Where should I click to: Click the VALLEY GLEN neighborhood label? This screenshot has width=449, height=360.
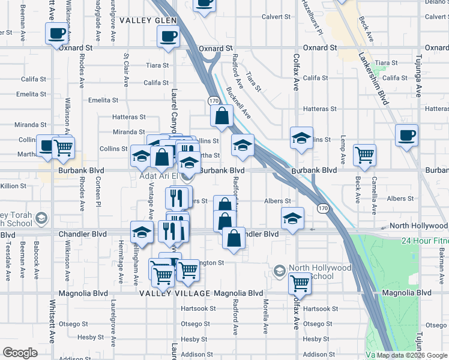coord(148,20)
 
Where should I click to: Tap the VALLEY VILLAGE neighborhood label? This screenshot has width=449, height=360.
coord(175,293)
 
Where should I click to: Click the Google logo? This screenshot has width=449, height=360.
coord(20,353)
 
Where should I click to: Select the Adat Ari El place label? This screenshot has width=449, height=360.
coord(160,176)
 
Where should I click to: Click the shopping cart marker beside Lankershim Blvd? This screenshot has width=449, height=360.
coord(364,155)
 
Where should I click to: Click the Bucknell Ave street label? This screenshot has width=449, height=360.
coord(239,103)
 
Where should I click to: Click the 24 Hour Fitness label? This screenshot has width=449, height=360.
coord(425,241)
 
